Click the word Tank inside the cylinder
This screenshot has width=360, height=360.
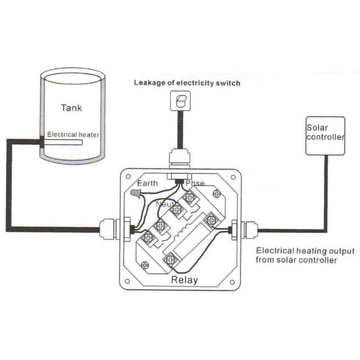[70, 108]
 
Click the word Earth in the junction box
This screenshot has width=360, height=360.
[147, 183]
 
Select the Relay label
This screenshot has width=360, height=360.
[184, 280]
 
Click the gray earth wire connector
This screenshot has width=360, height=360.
[136, 193]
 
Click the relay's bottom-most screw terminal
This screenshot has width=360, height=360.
[171, 260]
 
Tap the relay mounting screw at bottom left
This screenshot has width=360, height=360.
[144, 265]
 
